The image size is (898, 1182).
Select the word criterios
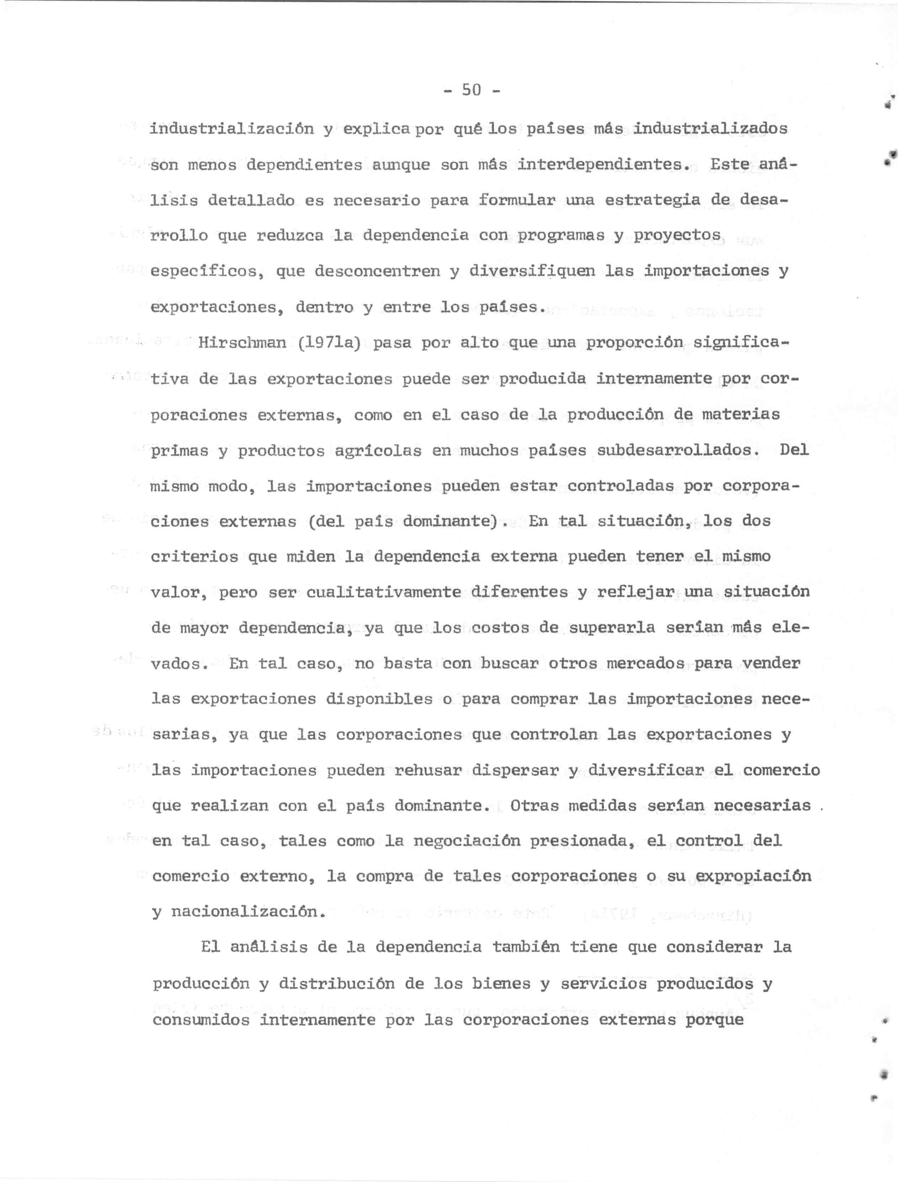[194, 557]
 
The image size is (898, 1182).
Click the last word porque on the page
[715, 1020]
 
